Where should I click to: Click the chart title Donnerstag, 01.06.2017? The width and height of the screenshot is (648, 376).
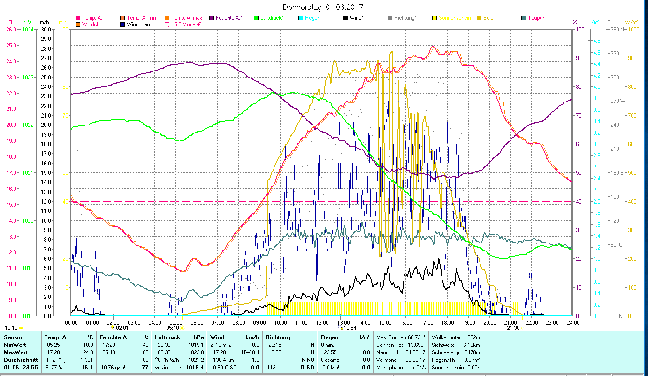(x=323, y=7)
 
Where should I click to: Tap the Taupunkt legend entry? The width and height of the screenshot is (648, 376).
(x=538, y=18)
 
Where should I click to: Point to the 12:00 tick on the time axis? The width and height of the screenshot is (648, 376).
(x=322, y=322)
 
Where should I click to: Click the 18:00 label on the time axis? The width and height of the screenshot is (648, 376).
(x=448, y=322)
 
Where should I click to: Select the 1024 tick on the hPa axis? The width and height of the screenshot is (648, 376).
(x=28, y=29)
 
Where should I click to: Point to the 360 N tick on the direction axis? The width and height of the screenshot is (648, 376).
(x=616, y=29)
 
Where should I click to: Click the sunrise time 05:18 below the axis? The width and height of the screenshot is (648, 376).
(x=173, y=328)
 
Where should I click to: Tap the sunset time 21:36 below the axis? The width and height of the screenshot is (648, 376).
(x=513, y=328)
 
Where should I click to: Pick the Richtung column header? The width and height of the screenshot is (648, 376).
(x=278, y=337)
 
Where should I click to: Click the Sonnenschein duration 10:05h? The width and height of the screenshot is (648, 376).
(x=476, y=367)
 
